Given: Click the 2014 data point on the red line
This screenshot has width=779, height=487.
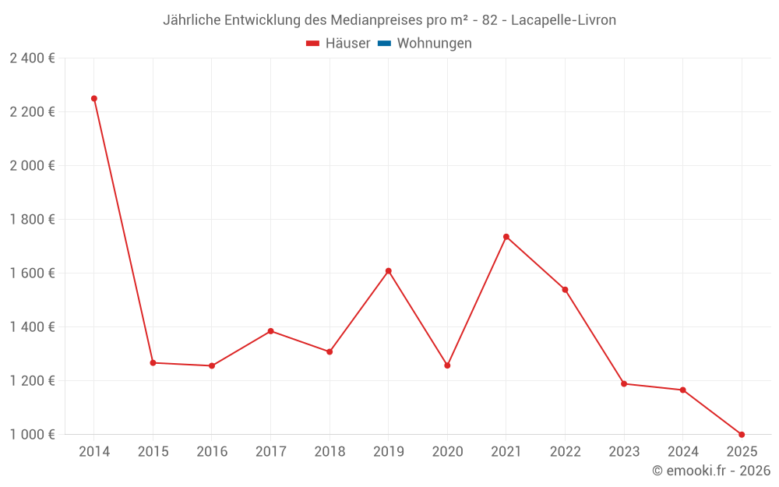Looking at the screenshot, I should tap(94, 99).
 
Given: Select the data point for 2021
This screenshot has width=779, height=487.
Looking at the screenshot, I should tap(506, 237).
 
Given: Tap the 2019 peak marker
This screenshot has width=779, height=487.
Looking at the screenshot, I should tap(388, 271).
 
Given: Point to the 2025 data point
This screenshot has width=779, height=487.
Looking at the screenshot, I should tap(742, 435).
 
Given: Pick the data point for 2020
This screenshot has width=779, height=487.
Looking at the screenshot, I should tap(447, 365).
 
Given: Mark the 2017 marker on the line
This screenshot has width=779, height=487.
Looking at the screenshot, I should tap(270, 331).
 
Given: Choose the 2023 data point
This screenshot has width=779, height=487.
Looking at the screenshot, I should tap(624, 383).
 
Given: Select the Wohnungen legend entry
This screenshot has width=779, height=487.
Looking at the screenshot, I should tap(434, 44).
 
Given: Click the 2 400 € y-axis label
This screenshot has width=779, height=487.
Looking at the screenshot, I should tap(33, 58).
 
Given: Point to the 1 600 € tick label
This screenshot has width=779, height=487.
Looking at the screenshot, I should tap(33, 273).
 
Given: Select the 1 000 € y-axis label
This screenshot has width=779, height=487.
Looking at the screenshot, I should tap(33, 435).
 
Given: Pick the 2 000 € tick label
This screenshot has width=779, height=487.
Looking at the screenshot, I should tap(33, 166).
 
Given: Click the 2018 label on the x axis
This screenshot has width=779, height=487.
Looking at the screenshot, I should tap(330, 452).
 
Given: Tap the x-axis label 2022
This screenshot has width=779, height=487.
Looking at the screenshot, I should tap(565, 452).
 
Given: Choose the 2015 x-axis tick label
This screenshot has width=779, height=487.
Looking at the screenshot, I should tap(153, 452).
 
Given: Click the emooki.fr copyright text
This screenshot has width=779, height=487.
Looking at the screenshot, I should tap(711, 471).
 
